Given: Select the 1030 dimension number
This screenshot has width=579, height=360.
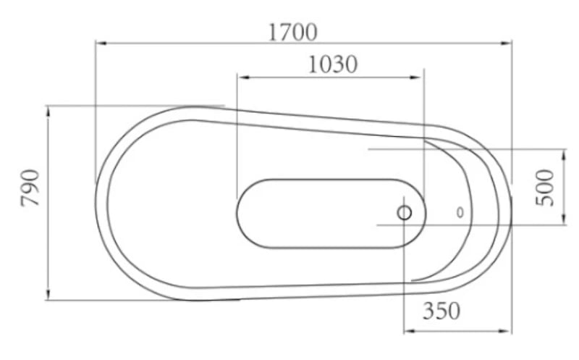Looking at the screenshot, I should pyautogui.click(x=332, y=64).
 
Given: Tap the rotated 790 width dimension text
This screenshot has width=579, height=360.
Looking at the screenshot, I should pyautogui.click(x=31, y=188).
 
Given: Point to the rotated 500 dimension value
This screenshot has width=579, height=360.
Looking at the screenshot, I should pyautogui.click(x=548, y=187).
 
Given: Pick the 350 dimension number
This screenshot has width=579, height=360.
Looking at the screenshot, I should pyautogui.click(x=441, y=311).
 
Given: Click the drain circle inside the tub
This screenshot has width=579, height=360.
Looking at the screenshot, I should pyautogui.click(x=404, y=213).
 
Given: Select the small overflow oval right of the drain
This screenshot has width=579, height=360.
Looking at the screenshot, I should pyautogui.click(x=460, y=213).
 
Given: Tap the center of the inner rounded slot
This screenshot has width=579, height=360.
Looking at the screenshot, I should pyautogui.click(x=330, y=213).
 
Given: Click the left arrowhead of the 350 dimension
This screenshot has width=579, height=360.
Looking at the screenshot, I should pyautogui.click(x=407, y=330).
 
